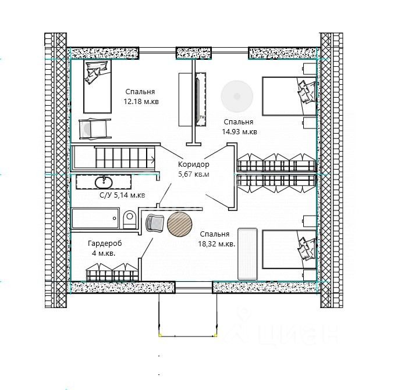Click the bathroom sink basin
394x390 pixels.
(x=104, y=183)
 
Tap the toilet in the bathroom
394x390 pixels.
(x=129, y=219)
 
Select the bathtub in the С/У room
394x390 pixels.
(x=95, y=218)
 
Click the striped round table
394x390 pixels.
(x=180, y=224)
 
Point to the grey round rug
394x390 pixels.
(x=237, y=96)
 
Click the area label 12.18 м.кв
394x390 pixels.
(x=141, y=102)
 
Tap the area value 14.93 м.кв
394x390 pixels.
(x=239, y=132)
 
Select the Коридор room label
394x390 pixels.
(x=193, y=164)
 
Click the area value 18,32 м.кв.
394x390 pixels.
(x=216, y=244)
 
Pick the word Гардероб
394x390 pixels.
(x=105, y=243)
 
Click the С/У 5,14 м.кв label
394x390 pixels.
(x=122, y=195)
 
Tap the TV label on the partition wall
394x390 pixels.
(x=201, y=117)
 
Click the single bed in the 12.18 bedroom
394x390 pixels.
(x=97, y=86)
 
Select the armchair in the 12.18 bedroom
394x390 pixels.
(x=95, y=128)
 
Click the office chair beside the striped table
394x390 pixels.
(x=155, y=223)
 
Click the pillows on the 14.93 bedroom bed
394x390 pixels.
(x=307, y=92)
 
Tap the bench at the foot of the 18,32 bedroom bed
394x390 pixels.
(x=247, y=254)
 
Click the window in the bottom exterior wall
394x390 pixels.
(x=194, y=287)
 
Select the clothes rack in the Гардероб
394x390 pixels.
(x=112, y=272)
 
